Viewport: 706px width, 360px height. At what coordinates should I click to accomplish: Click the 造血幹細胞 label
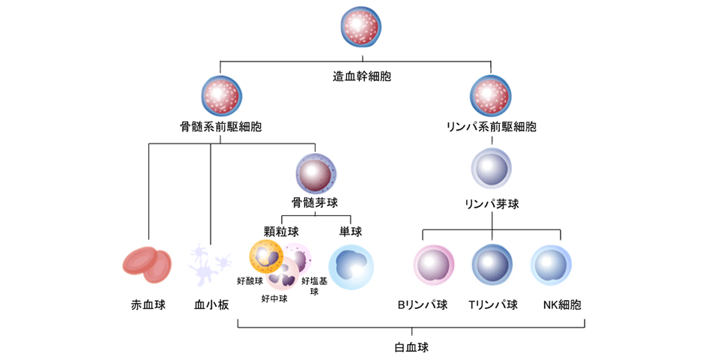pos(362,76)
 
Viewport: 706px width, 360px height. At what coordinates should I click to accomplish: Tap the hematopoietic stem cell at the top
pos(362,29)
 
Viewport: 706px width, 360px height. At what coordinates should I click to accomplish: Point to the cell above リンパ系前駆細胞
pos(491,94)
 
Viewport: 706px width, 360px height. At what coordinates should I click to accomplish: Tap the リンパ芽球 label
pos(492,203)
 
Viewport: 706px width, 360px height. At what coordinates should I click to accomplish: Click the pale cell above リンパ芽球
pos(492,168)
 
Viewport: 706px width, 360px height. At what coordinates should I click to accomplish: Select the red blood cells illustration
pos(147,265)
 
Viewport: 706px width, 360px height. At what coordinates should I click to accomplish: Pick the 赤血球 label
pos(148,305)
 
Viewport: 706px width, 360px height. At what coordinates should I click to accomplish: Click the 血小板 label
pos(211,305)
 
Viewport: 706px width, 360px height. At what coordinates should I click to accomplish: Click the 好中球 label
pos(274,298)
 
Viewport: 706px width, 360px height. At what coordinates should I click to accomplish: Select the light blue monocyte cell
pos(351,266)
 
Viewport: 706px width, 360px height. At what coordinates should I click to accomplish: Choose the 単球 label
pos(351,231)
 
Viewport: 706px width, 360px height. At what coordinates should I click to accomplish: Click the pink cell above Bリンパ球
pos(434,266)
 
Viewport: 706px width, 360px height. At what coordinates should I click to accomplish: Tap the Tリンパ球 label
pos(492,305)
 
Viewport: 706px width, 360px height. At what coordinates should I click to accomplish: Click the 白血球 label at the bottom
pos(411,348)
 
